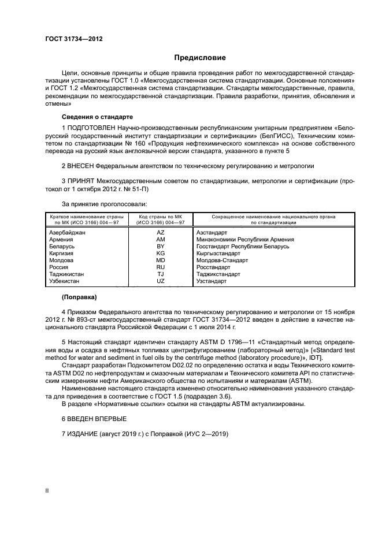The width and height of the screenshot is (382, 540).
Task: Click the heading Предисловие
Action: pos(200,58)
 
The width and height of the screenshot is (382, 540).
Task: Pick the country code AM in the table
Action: pos(161,239)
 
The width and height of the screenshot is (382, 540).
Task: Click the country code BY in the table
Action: pos(161,246)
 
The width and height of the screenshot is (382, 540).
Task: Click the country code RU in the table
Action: pos(161,267)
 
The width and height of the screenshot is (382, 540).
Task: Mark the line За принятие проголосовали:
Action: pos(104,204)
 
